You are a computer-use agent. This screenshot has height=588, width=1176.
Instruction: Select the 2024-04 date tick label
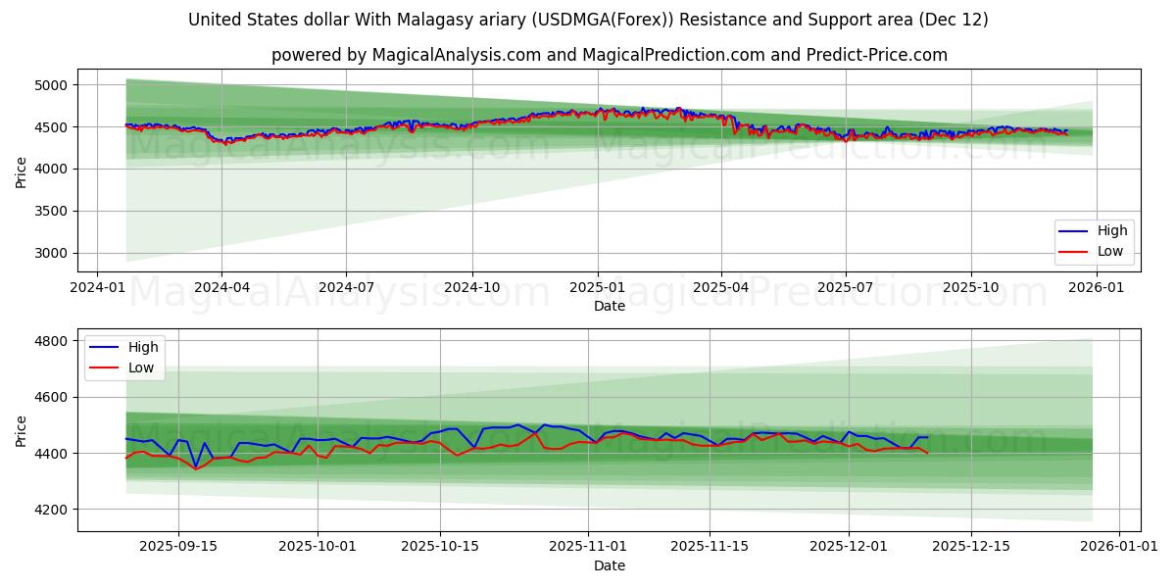220,288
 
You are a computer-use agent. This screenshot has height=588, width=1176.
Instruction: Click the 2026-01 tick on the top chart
1095,288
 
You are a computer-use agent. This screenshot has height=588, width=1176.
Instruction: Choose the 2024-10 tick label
471,288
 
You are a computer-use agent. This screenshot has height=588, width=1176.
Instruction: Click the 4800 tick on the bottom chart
51,341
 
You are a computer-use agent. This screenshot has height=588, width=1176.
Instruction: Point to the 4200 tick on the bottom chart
51,510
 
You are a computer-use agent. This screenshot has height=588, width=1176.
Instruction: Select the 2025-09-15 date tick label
178,547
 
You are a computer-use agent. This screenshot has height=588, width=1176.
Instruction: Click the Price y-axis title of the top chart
22,171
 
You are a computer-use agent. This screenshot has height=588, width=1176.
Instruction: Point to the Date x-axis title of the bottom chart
609,565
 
